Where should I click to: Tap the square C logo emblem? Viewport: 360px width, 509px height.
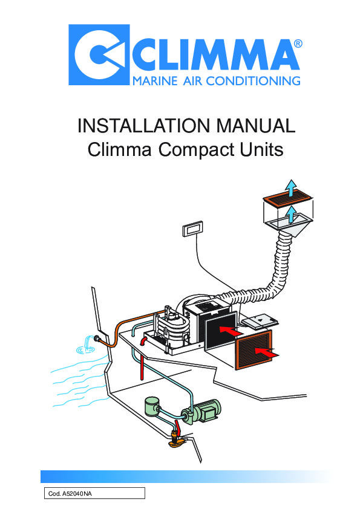tap(99, 54)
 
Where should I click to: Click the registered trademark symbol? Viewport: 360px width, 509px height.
tap(298, 44)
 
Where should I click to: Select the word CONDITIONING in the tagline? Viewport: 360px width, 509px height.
tap(254, 80)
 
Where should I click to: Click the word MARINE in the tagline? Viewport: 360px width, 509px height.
tap(155, 80)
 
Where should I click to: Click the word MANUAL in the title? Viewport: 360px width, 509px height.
tap(256, 126)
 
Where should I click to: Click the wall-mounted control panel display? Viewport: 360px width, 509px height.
tap(192, 229)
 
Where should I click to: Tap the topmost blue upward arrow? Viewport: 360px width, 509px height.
tap(292, 188)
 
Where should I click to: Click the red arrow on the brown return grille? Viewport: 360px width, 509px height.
tap(266, 352)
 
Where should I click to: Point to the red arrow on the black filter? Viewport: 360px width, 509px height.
tap(231, 331)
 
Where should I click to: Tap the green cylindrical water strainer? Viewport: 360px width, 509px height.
tap(152, 406)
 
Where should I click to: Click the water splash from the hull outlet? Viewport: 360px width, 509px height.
tap(86, 346)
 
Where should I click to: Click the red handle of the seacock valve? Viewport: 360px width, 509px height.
tap(177, 426)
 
